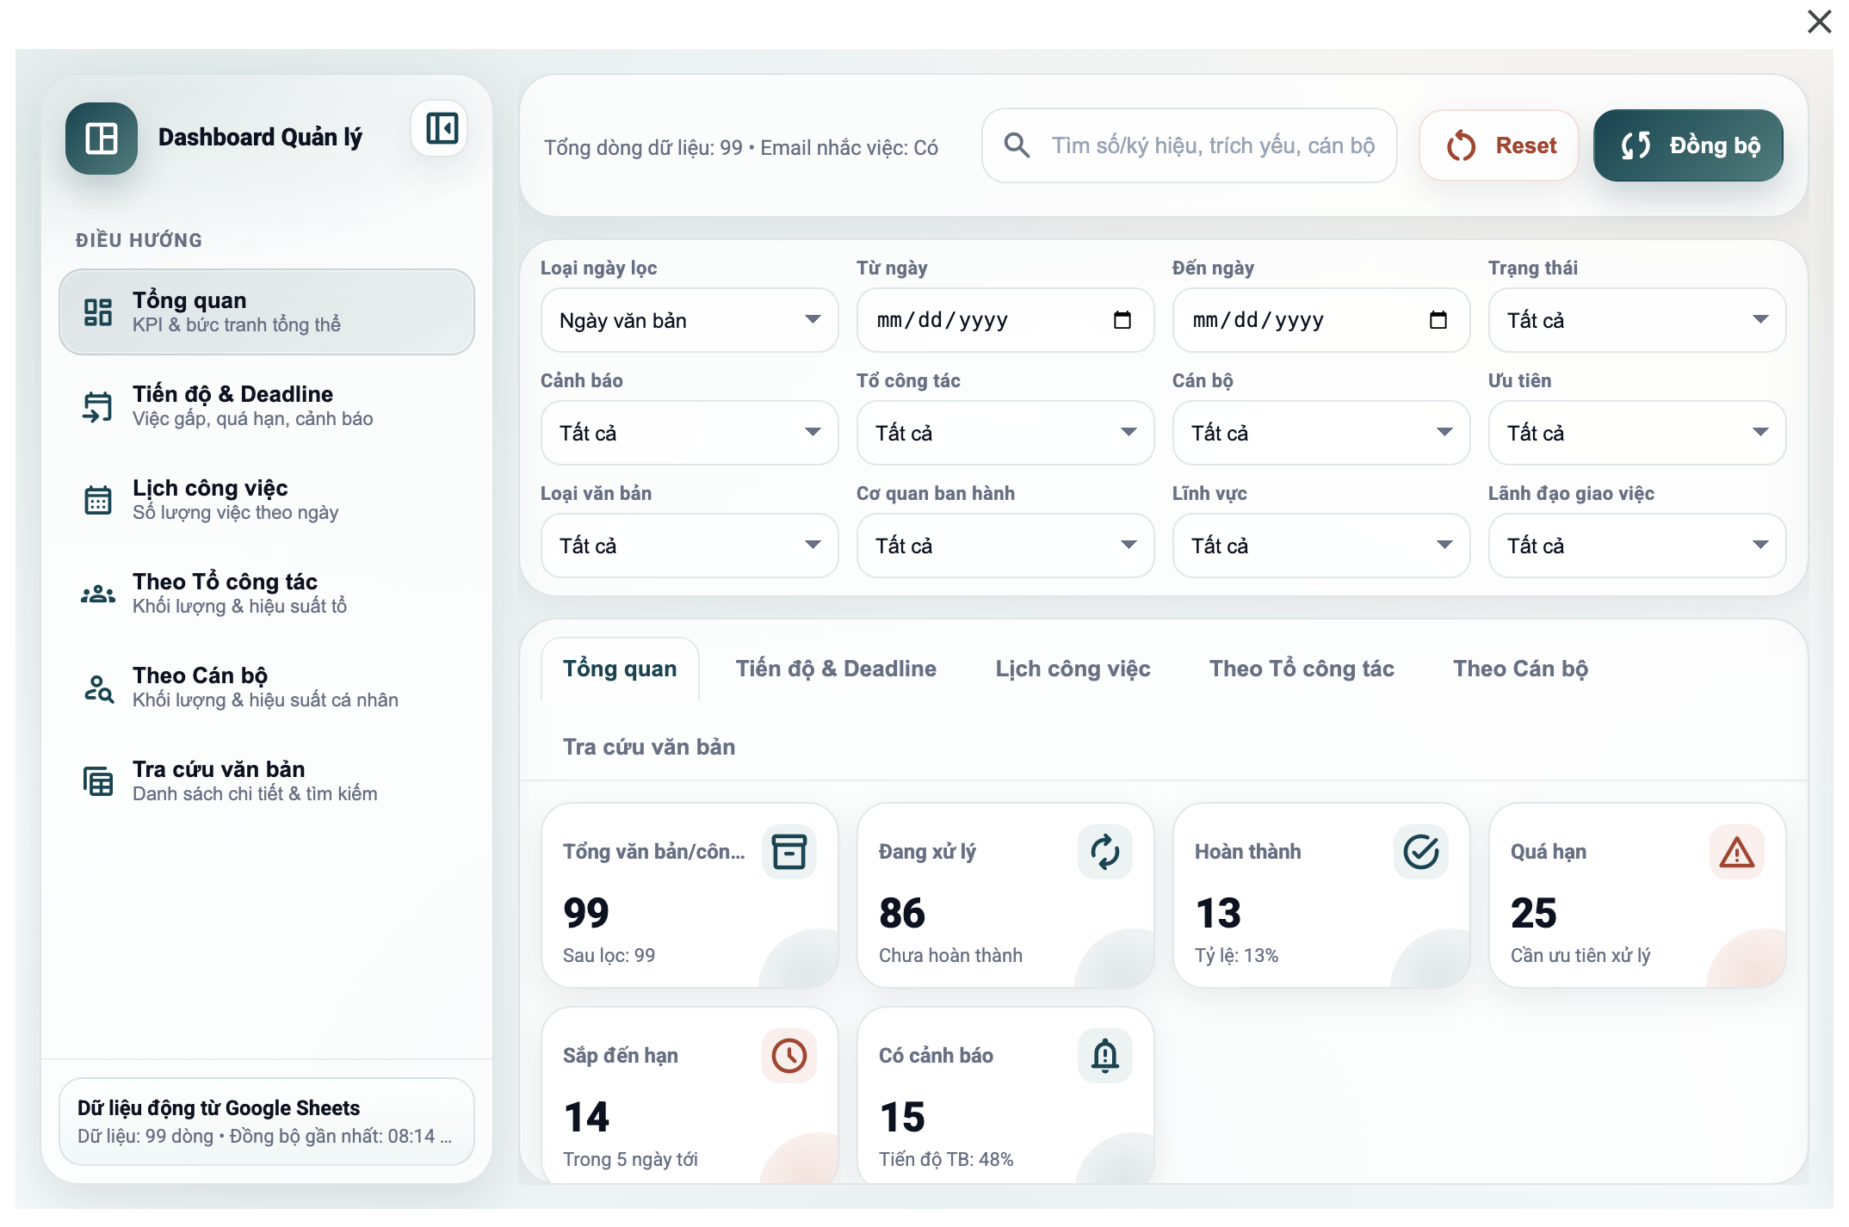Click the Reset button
point(1500,146)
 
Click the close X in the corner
point(1819,22)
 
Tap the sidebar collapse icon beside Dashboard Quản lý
point(442,129)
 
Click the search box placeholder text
point(1212,146)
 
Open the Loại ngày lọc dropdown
point(689,320)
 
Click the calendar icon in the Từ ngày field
point(1122,320)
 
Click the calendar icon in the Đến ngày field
point(1438,320)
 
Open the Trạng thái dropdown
point(1636,320)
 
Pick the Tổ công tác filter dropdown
point(1005,433)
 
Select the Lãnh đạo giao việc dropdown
point(1636,546)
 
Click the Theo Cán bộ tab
point(1520,669)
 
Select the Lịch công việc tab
point(1073,669)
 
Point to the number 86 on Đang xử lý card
point(902,913)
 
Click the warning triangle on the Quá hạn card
point(1736,852)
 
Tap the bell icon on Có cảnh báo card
point(1104,1055)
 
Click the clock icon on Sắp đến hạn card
point(788,1055)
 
